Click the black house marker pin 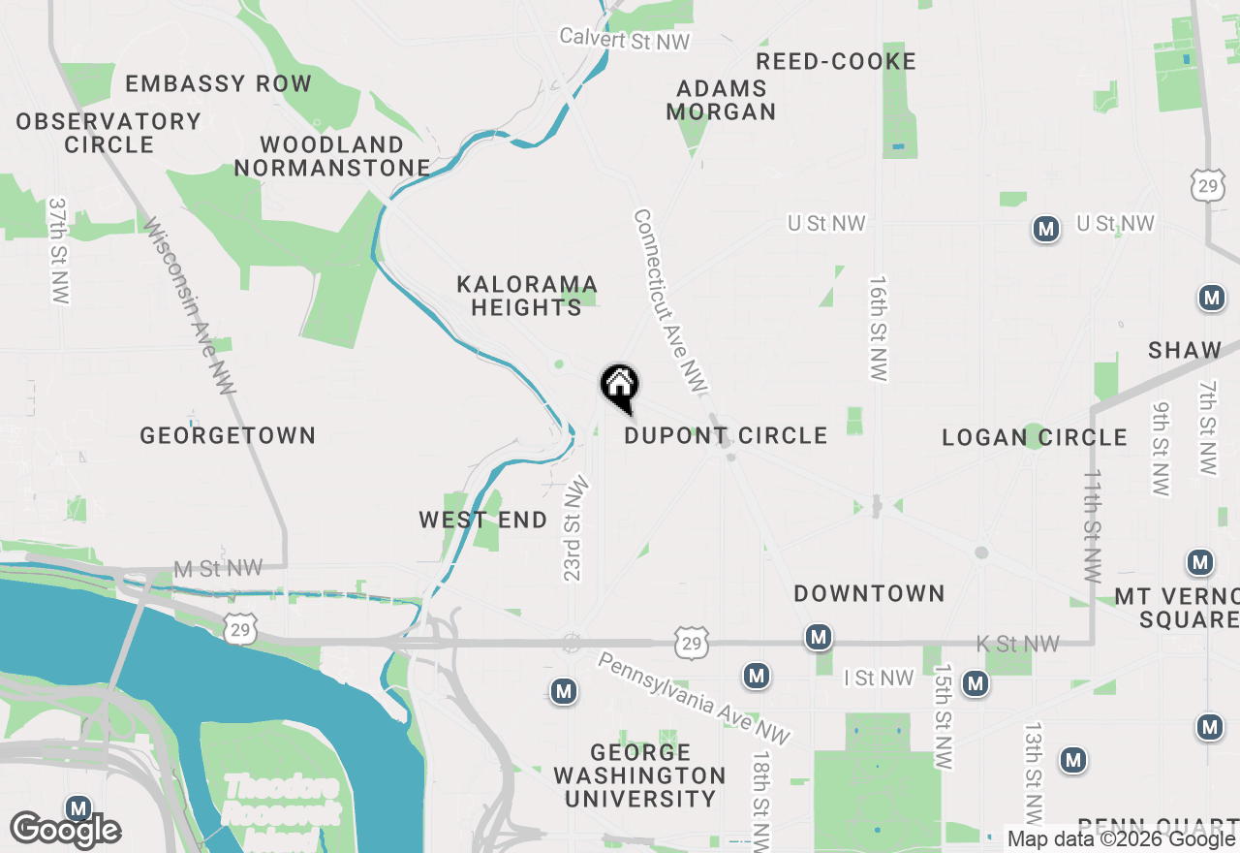620,387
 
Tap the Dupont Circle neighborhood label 726,436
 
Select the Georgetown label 228,436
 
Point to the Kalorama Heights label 527,296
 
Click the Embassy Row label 219,84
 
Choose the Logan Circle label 1035,438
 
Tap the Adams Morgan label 722,100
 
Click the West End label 483,521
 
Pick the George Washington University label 640,775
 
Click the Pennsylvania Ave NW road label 693,697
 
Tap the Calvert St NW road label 625,40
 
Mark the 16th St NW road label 879,328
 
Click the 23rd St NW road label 574,527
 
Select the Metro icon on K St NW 820,638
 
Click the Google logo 66,830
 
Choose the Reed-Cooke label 836,62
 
